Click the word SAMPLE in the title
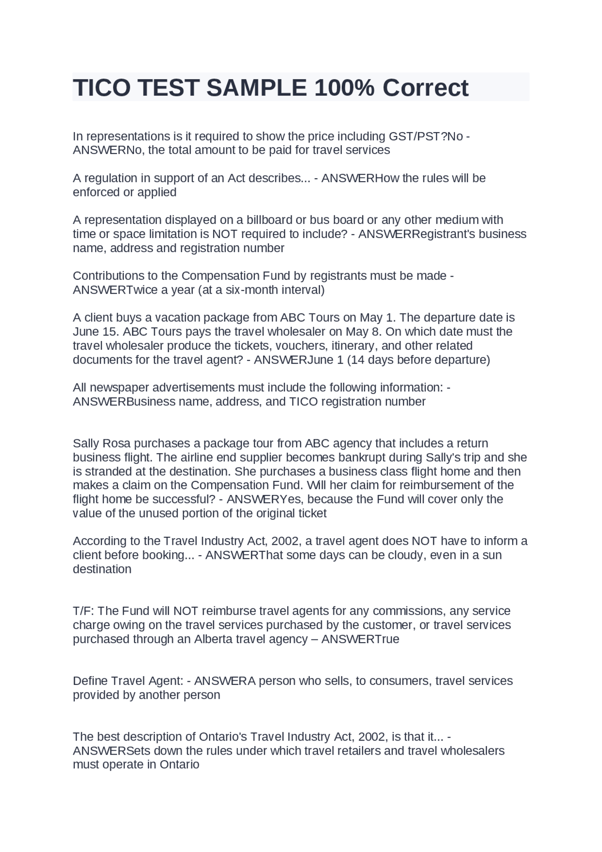coord(256,88)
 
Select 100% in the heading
coord(344,88)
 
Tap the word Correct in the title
coord(425,88)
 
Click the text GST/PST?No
coord(426,136)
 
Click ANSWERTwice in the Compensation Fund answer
coord(109,290)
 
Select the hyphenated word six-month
coord(252,290)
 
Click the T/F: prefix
coord(83,611)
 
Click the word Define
coord(91,681)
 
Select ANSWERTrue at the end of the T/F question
coord(360,639)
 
